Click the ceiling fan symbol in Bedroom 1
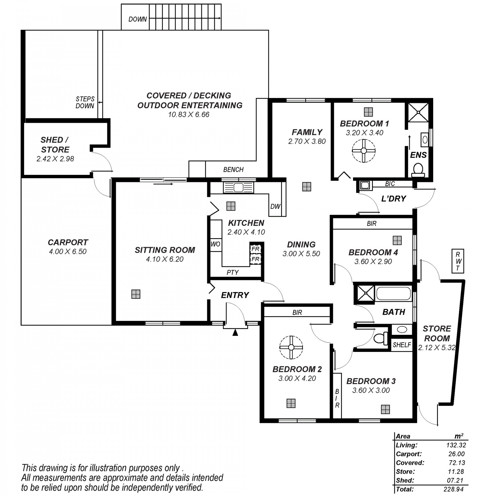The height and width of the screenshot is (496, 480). (363, 151)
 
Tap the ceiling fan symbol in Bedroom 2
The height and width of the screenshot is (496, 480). (291, 347)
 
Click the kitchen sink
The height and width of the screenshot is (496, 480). (238, 187)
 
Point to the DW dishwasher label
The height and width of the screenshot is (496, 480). (275, 206)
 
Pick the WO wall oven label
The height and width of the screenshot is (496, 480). (215, 244)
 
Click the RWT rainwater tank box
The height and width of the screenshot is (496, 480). (458, 261)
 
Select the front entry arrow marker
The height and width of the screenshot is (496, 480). (235, 332)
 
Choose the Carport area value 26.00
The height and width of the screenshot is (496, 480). (456, 454)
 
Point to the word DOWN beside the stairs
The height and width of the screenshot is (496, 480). (137, 19)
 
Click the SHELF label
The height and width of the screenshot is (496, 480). (402, 345)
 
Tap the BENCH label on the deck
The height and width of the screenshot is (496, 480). (233, 170)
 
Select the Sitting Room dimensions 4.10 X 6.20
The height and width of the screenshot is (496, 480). (165, 259)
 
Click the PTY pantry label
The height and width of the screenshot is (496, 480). (232, 272)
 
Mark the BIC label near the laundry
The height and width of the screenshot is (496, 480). (390, 184)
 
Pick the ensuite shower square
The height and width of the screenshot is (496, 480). (418, 112)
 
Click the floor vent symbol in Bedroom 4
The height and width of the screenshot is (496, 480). (397, 240)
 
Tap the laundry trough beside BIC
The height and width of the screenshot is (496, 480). (365, 185)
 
